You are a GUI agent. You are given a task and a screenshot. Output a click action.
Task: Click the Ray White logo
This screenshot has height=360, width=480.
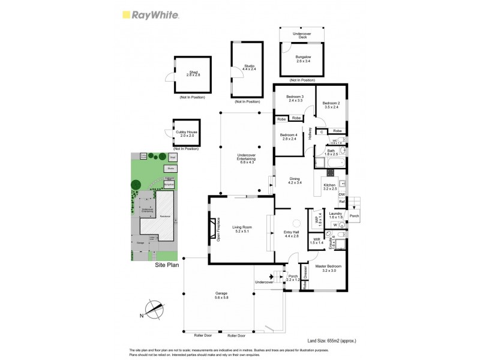point(150,16)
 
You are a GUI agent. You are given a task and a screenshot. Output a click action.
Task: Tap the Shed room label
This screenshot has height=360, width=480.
point(193,73)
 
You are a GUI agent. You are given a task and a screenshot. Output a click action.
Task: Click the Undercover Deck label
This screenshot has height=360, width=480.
point(301,35)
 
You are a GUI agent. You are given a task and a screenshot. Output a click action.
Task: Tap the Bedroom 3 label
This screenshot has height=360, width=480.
point(295,98)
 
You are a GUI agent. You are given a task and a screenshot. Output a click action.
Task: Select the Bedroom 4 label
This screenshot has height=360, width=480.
point(289,137)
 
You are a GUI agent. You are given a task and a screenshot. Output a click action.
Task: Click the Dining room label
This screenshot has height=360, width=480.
point(294,180)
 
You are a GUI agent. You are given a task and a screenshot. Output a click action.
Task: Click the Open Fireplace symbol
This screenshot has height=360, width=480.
point(211,229)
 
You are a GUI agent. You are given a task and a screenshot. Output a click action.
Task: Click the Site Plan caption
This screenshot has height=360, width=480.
point(167,265)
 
